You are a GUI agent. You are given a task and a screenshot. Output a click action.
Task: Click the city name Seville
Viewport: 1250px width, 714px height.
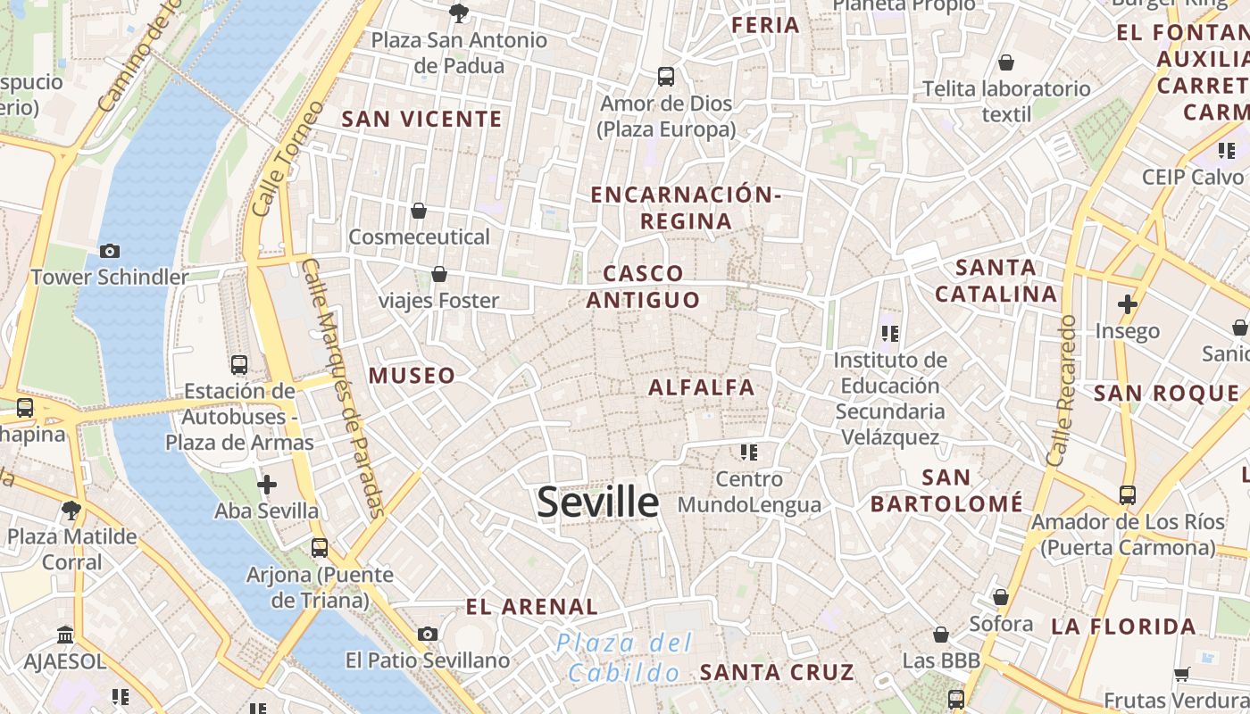tap(597, 502)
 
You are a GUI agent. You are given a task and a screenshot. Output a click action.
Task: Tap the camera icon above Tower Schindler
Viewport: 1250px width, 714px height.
tap(110, 251)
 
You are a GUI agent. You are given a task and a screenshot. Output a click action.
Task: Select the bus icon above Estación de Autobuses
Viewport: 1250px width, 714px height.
tap(238, 364)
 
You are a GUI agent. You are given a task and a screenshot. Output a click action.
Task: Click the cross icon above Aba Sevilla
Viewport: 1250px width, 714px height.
tap(266, 485)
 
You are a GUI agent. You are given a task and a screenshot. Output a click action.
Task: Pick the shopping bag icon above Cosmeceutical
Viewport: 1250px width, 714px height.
tap(419, 211)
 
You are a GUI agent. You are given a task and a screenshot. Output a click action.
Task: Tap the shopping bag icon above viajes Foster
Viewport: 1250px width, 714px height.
tap(438, 274)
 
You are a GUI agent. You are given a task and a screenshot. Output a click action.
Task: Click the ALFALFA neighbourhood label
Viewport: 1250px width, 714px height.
tap(702, 387)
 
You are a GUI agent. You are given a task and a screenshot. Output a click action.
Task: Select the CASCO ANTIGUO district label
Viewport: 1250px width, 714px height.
tap(643, 286)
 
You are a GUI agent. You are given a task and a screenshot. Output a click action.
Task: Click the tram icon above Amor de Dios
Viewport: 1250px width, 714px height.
tap(666, 77)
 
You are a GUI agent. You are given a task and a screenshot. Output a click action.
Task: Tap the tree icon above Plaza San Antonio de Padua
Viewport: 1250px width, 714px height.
tap(459, 12)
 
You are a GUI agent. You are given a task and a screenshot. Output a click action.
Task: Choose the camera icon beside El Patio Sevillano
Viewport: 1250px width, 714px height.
tap(428, 634)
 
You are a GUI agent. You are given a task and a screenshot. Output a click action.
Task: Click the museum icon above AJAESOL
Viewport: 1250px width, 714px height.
tap(65, 635)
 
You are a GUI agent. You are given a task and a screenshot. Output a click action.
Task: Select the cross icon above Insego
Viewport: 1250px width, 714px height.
tap(1128, 304)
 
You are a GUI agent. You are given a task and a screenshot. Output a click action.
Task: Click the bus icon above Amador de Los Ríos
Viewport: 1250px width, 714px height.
tap(1128, 494)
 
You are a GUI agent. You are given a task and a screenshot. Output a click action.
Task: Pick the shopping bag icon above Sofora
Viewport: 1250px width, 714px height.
tap(1001, 597)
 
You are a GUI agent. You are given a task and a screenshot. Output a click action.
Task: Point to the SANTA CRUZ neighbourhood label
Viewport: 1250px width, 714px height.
tap(777, 672)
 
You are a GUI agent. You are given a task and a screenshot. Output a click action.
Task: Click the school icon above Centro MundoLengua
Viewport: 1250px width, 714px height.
tap(748, 452)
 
